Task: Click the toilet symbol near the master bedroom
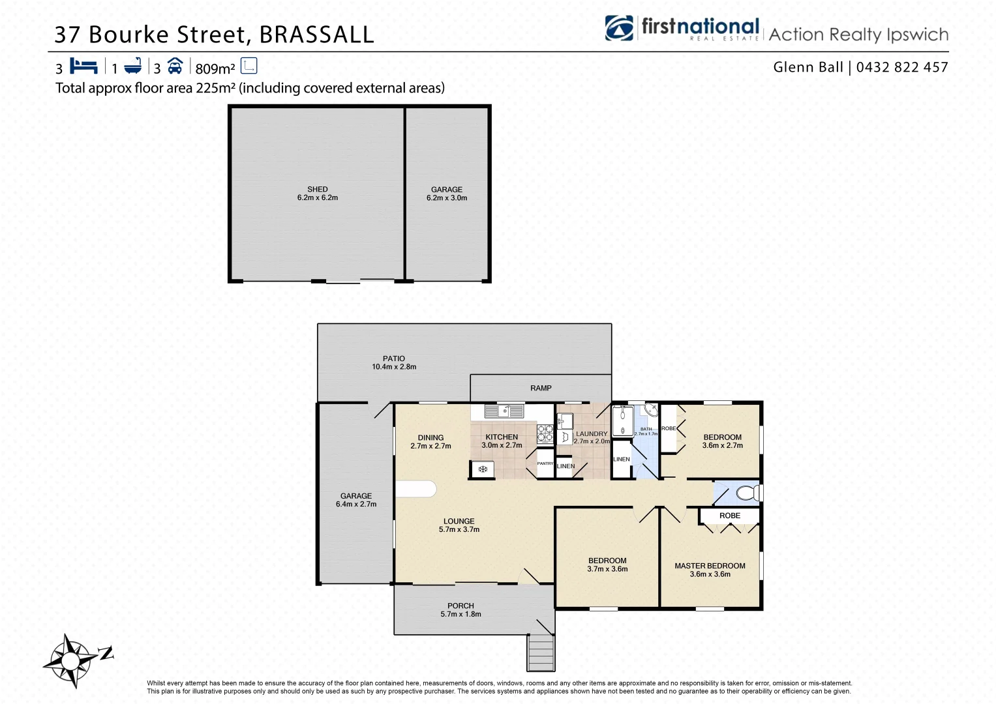[747, 493]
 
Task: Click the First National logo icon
[619, 29]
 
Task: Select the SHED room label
[318, 190]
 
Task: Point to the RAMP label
[541, 389]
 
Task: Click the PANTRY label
[545, 463]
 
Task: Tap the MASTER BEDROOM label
[710, 566]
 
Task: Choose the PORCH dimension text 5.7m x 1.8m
[460, 614]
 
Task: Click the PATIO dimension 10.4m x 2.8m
[394, 367]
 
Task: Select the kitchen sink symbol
[505, 411]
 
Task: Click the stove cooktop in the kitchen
[545, 433]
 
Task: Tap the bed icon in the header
[83, 66]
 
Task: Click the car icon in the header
[175, 66]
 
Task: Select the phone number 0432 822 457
[902, 67]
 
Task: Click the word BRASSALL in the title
[317, 35]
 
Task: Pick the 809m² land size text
[215, 68]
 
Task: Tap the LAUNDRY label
[592, 433]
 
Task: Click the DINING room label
[430, 438]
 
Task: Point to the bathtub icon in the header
[133, 66]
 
